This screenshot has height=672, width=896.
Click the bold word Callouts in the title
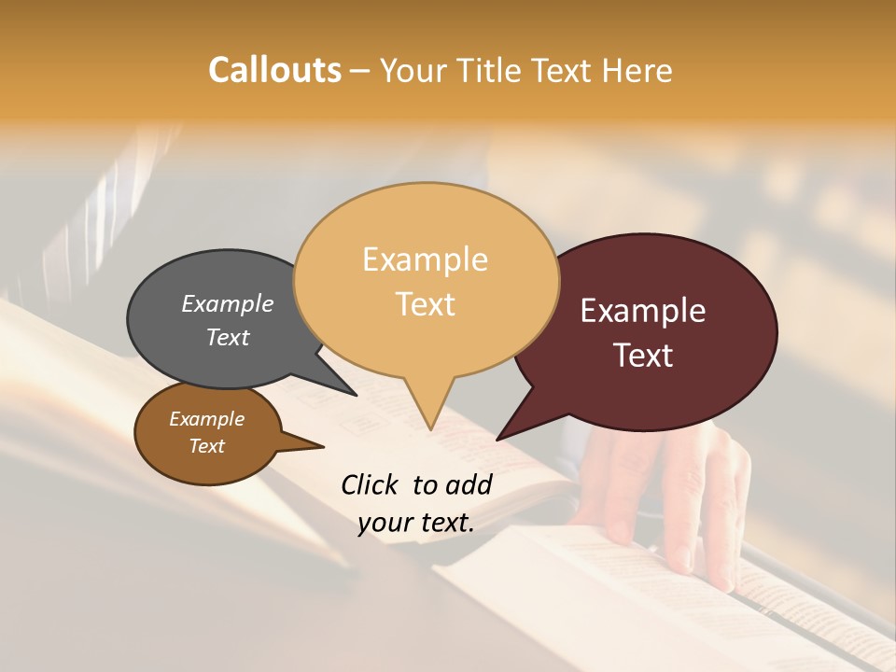click(274, 70)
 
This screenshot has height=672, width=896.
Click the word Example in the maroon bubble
click(643, 311)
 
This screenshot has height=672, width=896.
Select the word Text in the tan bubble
click(426, 304)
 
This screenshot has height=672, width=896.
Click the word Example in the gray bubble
click(228, 303)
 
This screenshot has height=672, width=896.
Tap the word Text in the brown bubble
click(207, 446)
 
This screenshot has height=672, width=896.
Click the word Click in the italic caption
click(371, 484)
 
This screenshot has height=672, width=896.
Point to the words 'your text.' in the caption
click(416, 523)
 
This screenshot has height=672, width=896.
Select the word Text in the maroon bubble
click(644, 356)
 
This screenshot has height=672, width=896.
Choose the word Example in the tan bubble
click(426, 259)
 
